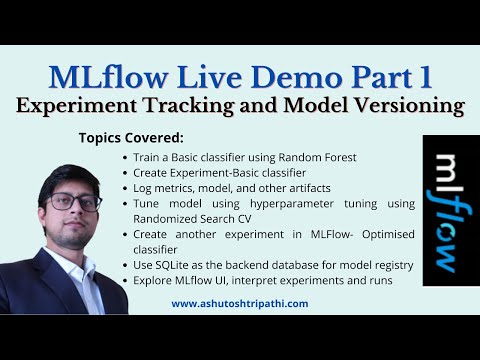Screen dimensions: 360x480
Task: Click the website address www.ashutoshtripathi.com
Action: click(240, 304)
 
